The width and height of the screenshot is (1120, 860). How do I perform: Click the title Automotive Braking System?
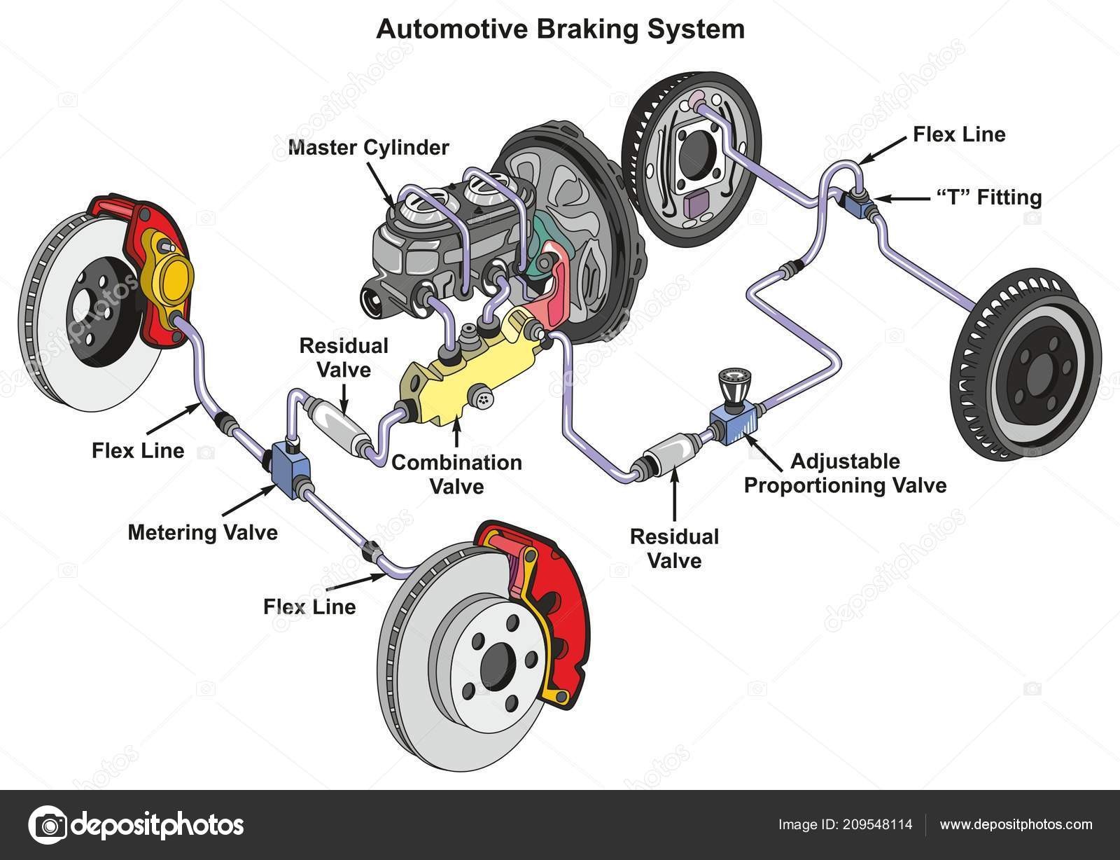pos(560,29)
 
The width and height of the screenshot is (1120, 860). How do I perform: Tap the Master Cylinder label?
pos(368,148)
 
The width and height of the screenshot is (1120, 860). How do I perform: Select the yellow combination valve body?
pos(469,368)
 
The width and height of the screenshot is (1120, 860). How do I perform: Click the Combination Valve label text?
pos(456,474)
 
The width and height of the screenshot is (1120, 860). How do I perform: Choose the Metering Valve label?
pos(202,533)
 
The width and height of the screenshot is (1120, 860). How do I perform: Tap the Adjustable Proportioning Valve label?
pos(846,473)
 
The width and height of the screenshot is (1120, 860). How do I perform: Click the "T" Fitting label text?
pos(989,197)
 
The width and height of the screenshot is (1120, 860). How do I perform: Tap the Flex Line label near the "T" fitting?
pos(959,134)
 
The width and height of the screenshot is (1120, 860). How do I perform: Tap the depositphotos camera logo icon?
pos(48,825)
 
